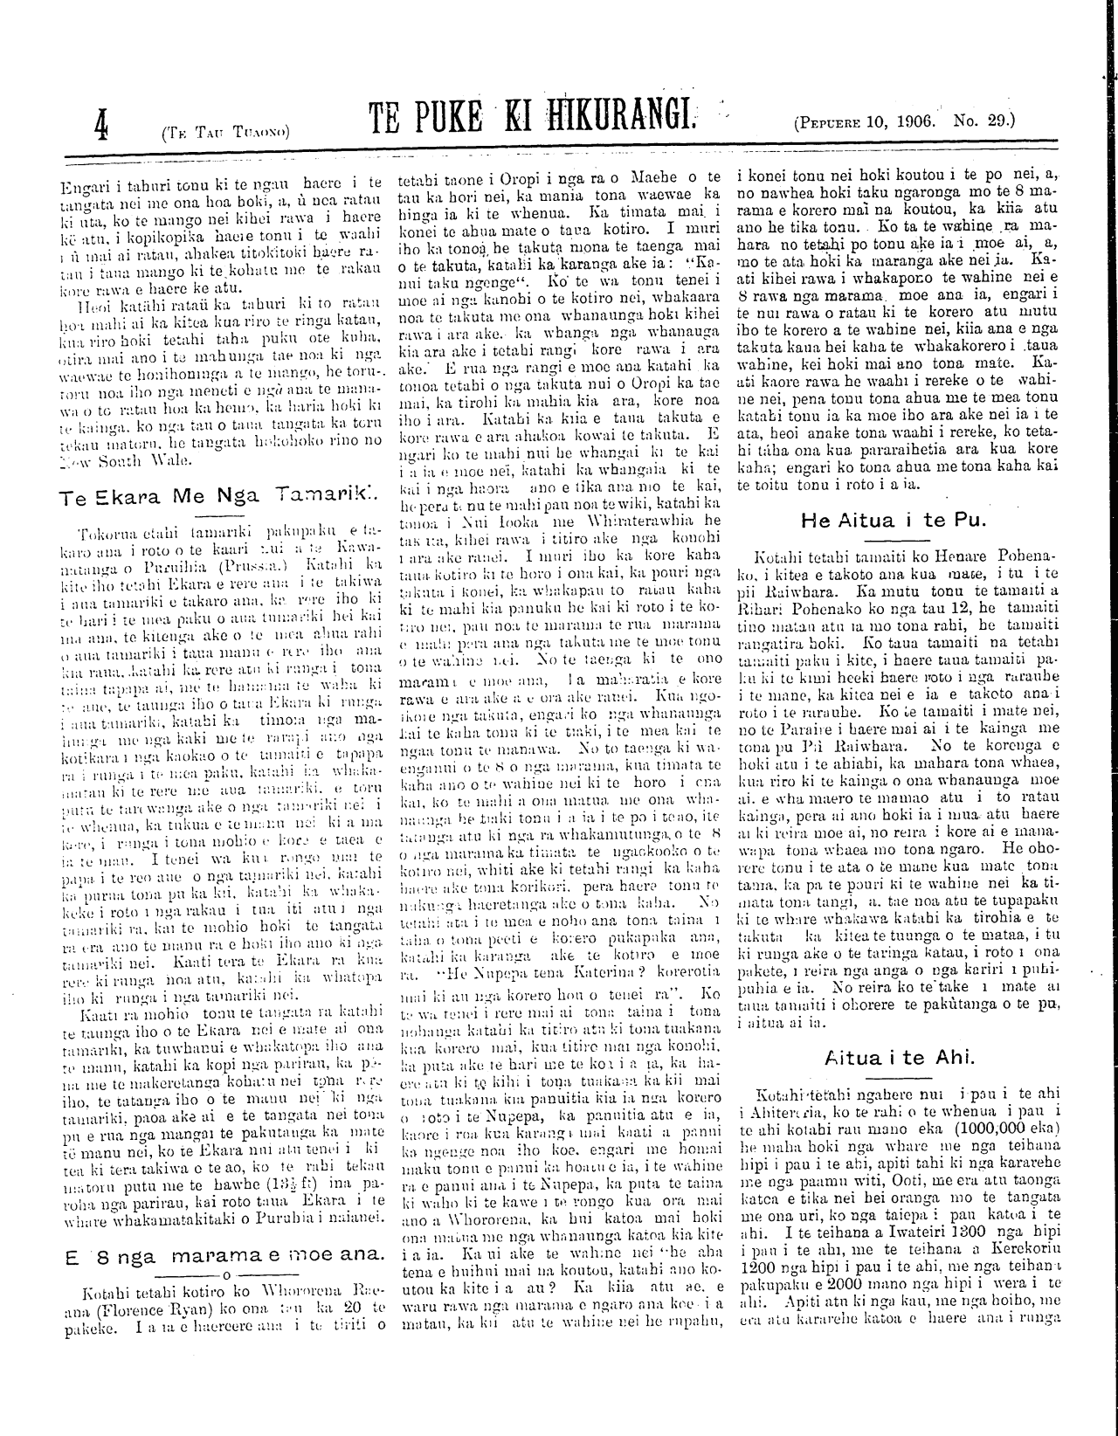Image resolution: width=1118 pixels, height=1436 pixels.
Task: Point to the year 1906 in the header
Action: click(916, 121)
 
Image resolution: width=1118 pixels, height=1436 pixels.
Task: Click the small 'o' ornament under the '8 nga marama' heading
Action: click(225, 1274)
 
